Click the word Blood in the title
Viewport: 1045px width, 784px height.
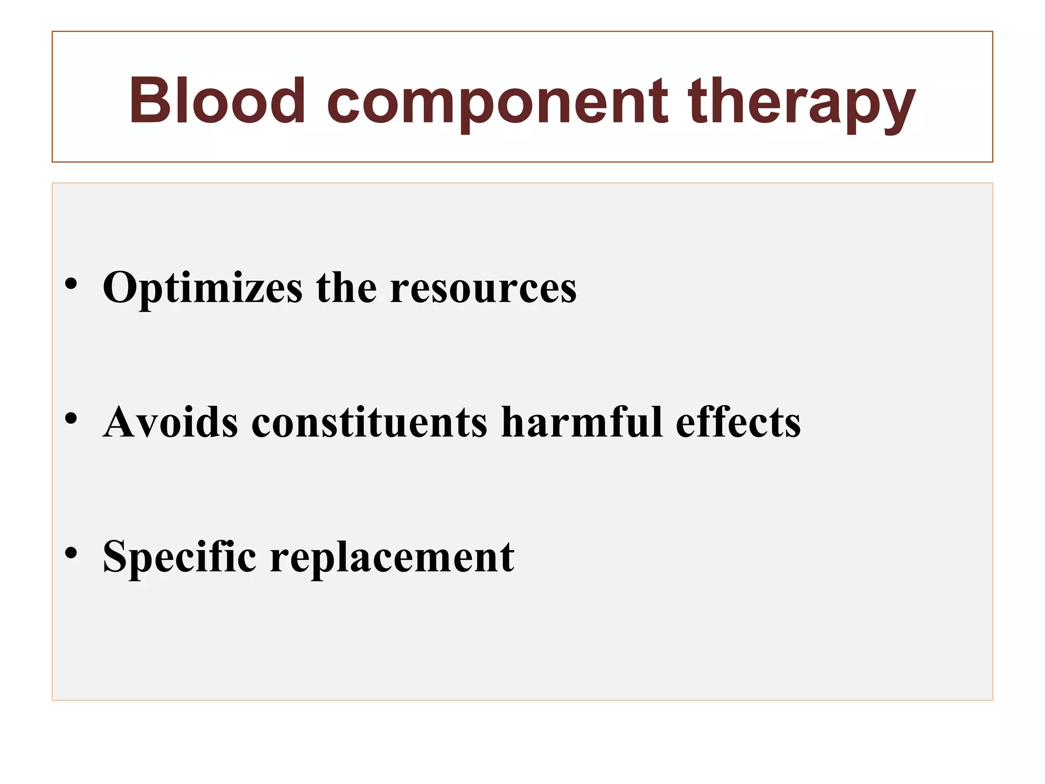[x=216, y=101]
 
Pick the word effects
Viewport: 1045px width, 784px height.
[x=738, y=422]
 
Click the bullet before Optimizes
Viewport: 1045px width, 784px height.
[x=71, y=284]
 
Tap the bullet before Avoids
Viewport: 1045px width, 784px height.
[x=71, y=419]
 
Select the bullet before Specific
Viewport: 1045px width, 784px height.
[x=71, y=553]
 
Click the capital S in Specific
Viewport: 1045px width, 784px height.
[x=115, y=556]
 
